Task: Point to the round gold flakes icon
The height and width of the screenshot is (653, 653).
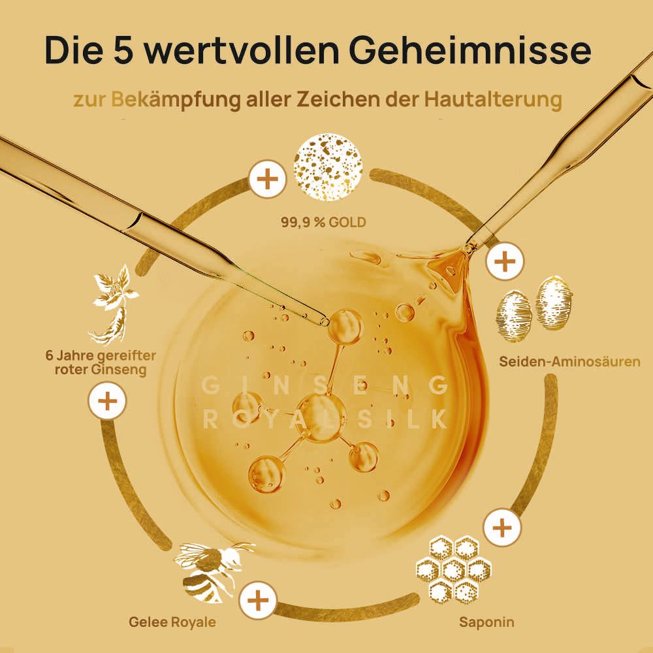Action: point(328,167)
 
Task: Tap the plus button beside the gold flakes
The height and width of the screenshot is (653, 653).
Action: point(267,178)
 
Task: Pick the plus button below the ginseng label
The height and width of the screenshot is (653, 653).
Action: point(107,400)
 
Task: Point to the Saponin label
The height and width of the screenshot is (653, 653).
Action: point(486,622)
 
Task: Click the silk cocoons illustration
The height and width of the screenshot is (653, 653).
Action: point(534,308)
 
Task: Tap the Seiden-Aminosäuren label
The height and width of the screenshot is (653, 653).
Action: point(569,360)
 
